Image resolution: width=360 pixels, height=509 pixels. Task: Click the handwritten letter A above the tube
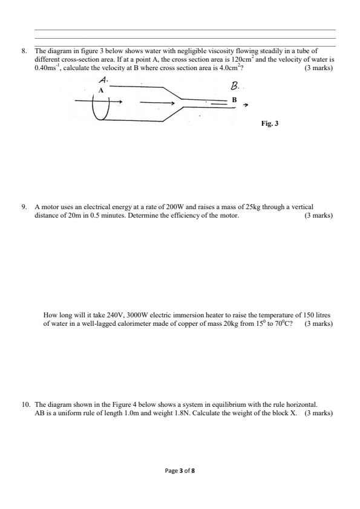(x=103, y=80)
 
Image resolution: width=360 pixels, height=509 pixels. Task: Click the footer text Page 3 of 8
(x=180, y=469)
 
